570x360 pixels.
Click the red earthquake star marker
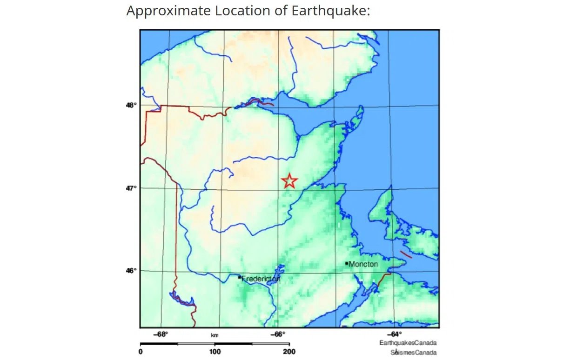click(x=289, y=181)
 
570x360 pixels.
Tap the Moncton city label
click(x=363, y=264)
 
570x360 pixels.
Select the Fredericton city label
click(x=261, y=279)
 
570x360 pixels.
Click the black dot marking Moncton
click(x=347, y=263)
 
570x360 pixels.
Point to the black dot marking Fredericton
click(x=239, y=277)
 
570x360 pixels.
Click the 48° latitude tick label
click(x=131, y=105)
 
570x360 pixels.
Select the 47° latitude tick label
click(x=131, y=188)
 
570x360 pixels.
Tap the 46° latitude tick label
click(x=131, y=271)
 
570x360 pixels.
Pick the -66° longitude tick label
click(x=278, y=334)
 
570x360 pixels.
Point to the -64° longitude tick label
click(x=394, y=334)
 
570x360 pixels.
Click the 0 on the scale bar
click(x=141, y=352)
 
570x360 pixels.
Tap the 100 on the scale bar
click(x=215, y=352)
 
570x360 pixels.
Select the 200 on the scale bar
click(x=289, y=352)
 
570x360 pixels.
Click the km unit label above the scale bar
click(x=215, y=335)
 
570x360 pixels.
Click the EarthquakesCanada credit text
click(x=408, y=343)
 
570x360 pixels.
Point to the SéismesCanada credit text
click(x=413, y=352)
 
